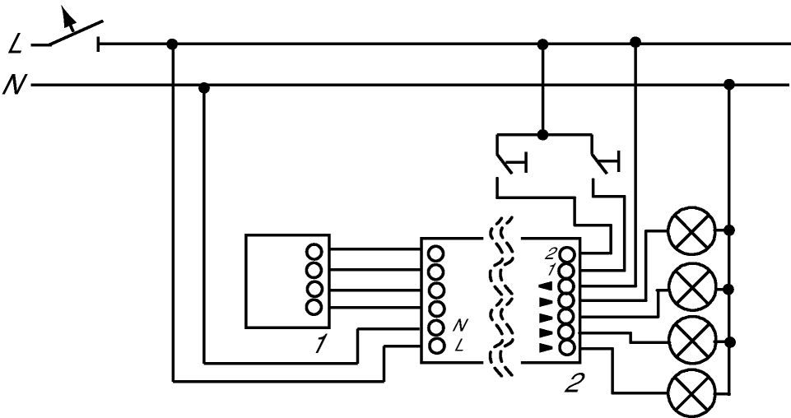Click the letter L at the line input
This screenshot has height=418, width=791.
(16, 45)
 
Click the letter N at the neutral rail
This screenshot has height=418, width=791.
(14, 84)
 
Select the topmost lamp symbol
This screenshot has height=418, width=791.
(691, 230)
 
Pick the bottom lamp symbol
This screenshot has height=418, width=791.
(691, 392)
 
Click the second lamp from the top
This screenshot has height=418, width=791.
(691, 286)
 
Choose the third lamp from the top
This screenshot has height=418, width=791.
(691, 339)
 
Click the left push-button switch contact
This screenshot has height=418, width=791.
(510, 162)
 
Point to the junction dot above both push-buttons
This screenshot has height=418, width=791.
(542, 135)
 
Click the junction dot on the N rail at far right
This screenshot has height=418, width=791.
(729, 84)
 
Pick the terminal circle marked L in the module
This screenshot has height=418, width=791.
(435, 346)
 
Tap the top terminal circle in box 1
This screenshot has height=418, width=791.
(314, 252)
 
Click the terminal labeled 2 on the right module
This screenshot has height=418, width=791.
(567, 253)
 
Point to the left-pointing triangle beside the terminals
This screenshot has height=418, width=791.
(547, 286)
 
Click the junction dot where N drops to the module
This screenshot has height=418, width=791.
(204, 89)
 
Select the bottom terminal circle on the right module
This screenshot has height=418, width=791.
(567, 347)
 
